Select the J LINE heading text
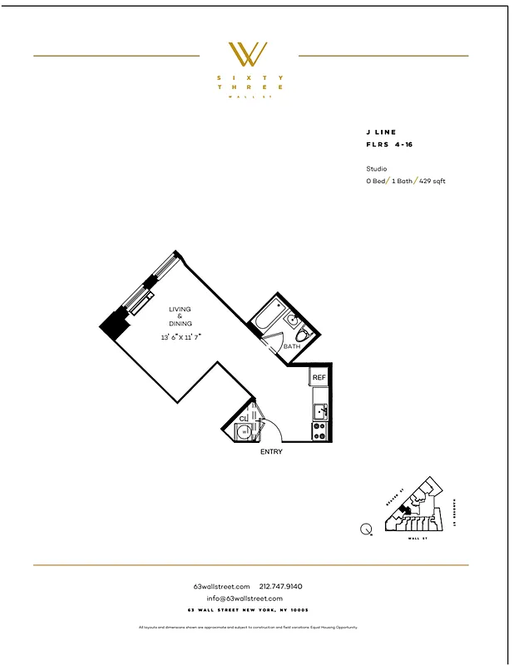(381, 132)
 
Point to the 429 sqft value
(432, 181)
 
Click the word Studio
(376, 168)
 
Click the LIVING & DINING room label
(180, 316)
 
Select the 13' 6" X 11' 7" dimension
(180, 337)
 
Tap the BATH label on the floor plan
(291, 346)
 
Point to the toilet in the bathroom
(303, 334)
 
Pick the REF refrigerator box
(319, 377)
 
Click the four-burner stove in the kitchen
(319, 430)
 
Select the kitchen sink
(320, 410)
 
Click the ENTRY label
(271, 452)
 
